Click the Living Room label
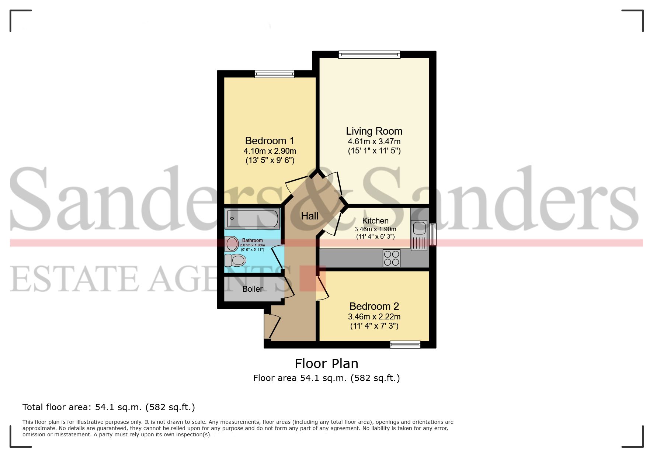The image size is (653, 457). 374,131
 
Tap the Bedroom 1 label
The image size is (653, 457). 270,141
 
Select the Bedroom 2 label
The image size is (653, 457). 374,307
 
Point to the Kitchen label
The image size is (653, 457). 375,221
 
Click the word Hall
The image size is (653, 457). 309,216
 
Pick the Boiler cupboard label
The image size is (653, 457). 253,289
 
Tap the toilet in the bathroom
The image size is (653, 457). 235,260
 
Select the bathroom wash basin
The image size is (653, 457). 232,244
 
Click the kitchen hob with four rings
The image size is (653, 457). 391,258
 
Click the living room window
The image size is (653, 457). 369,55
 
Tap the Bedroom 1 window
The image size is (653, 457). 274,74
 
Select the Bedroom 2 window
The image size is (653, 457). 405,345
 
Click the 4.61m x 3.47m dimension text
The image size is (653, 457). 374,142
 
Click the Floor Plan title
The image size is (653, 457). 326,364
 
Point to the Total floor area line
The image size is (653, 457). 109,407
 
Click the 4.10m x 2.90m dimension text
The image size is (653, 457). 270,151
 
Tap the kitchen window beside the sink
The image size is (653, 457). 433,234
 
